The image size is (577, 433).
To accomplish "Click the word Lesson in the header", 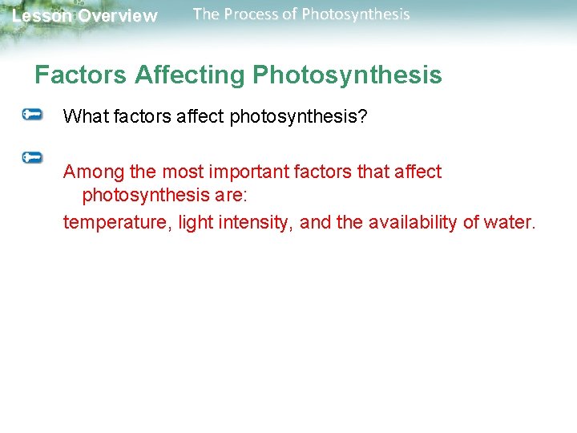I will click(41, 16).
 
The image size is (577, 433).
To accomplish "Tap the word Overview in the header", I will click(118, 16).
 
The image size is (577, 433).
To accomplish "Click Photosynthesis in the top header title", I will click(355, 14).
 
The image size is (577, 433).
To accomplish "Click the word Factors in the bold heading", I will click(81, 75).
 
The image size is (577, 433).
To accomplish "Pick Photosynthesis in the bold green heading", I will click(347, 75).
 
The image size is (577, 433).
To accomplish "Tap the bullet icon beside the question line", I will click(33, 115).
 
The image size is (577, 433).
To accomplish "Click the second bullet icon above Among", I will click(33, 157).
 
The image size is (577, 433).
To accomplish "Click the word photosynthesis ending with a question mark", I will click(298, 117).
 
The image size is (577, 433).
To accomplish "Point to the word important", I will click(243, 172).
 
